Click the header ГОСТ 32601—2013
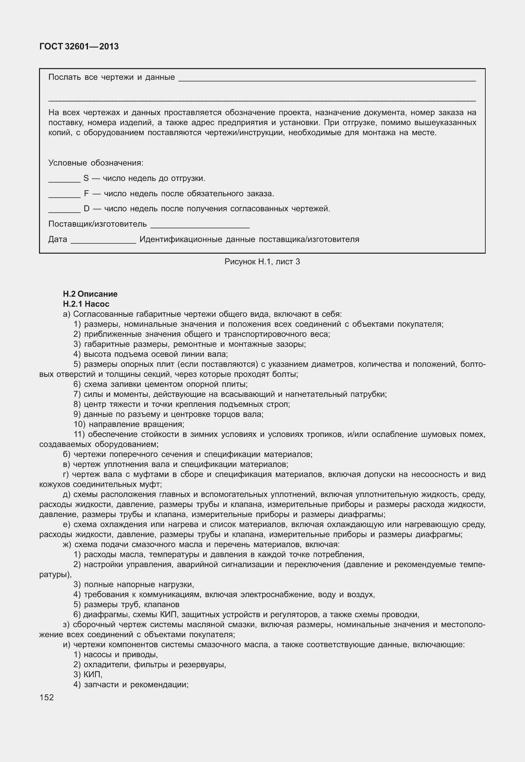pos(79,47)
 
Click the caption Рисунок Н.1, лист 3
pos(262,262)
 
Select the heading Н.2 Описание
pos(90,294)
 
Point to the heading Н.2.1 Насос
pos(86,304)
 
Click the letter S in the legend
pos(86,178)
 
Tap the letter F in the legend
pos(86,194)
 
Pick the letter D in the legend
pos(86,209)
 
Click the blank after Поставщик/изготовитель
pos(200,227)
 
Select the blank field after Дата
pos(103,242)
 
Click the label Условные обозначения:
pos(96,163)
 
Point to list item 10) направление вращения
pos(129,424)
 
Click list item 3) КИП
pos(88,675)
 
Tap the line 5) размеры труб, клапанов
pos(126,604)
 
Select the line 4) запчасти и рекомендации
pos(131,685)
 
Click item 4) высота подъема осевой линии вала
pos(151,354)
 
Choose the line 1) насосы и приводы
pos(115,655)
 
